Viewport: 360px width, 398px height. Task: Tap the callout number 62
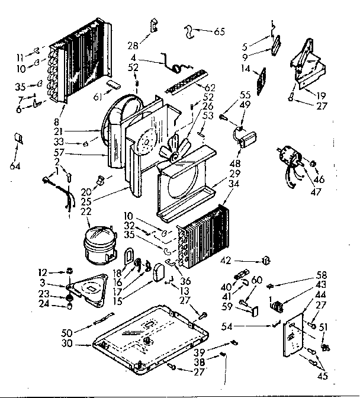(x=209, y=87)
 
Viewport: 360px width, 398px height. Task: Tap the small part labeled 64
(x=18, y=139)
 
